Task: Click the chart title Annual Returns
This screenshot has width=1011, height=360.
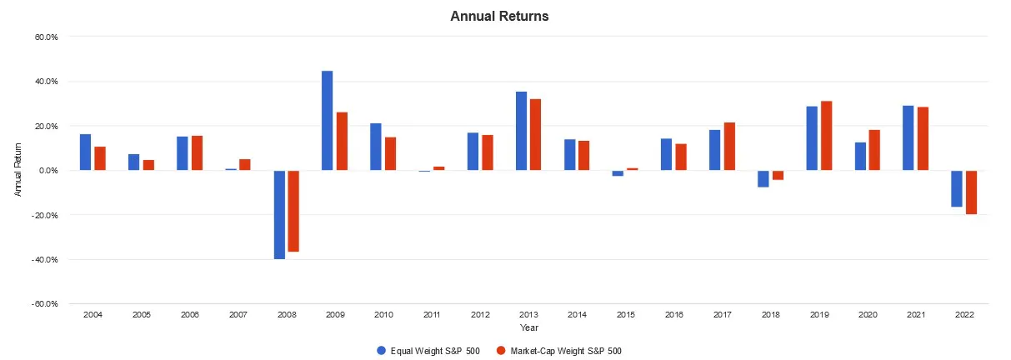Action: pos(499,16)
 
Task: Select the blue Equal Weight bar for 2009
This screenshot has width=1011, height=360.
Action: pos(328,121)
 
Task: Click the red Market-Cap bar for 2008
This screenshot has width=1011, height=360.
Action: pos(293,211)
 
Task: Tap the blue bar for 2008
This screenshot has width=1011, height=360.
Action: pos(279,215)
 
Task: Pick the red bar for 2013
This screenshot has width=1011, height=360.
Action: pos(535,135)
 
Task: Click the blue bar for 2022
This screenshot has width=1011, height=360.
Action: pos(957,188)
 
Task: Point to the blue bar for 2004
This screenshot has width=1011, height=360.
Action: pos(86,152)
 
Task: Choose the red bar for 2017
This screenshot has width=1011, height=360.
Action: pos(729,147)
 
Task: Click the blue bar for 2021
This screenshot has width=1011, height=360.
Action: pos(908,138)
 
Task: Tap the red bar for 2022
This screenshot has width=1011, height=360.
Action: pos(971,192)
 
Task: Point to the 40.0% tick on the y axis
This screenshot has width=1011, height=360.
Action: pos(46,82)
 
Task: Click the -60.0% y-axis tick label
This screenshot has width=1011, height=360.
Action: pos(45,304)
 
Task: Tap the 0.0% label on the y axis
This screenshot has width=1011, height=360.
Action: pos(48,171)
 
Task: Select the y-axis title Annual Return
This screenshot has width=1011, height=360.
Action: pos(18,171)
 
